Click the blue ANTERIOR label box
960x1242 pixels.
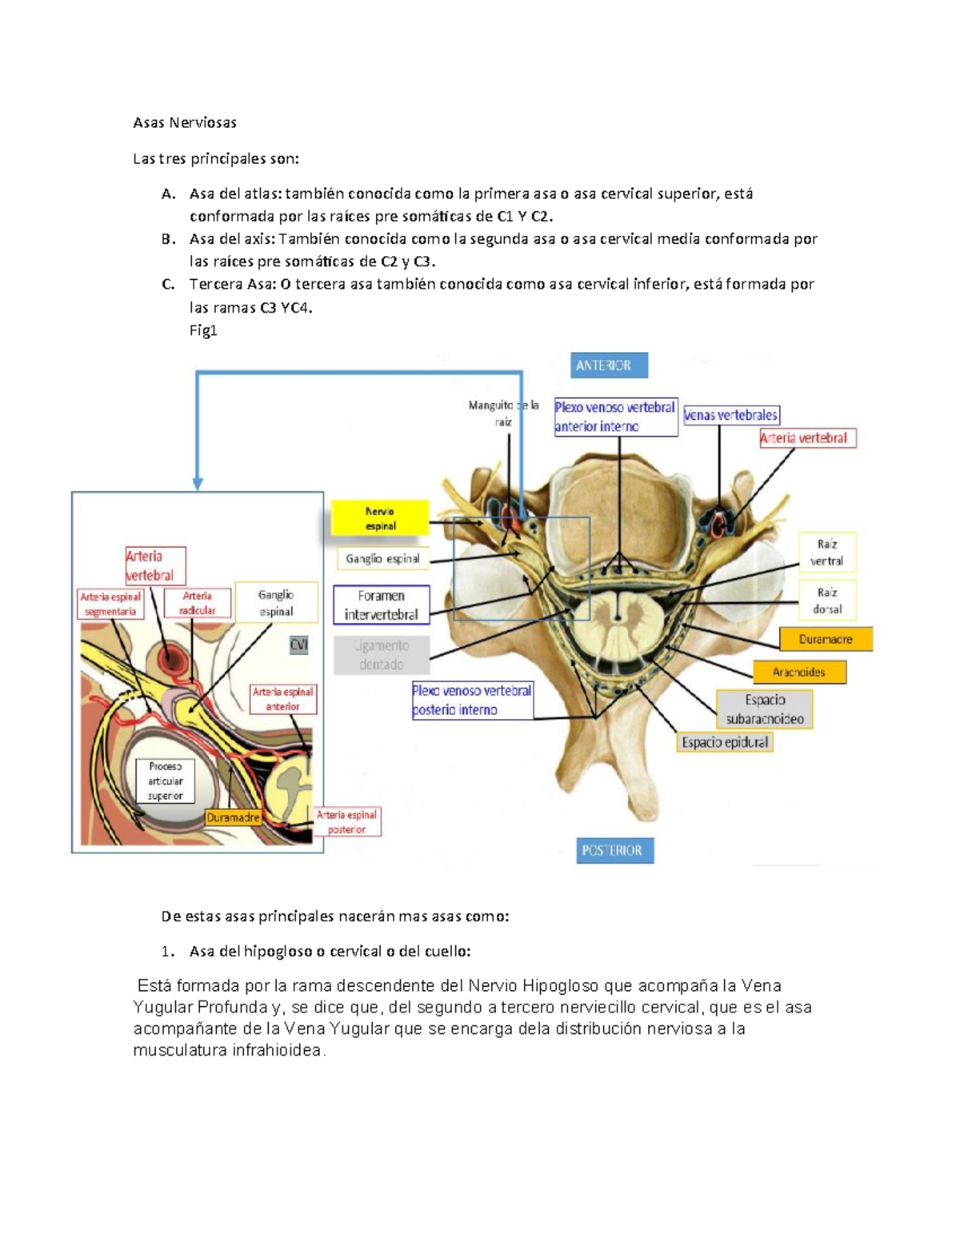[x=608, y=365]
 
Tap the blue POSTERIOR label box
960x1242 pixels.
[x=614, y=850]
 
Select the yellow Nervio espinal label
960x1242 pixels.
[x=380, y=518]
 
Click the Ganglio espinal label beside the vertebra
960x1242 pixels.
[x=382, y=559]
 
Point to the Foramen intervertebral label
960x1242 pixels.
[x=381, y=605]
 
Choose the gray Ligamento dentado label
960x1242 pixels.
[x=381, y=655]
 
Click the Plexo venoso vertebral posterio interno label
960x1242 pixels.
[x=472, y=700]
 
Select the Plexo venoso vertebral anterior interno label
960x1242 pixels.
[x=615, y=417]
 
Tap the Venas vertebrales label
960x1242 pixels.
[x=730, y=415]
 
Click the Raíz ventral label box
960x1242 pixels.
[x=826, y=552]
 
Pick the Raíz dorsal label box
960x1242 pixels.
[x=826, y=600]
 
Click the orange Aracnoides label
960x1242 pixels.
[x=798, y=672]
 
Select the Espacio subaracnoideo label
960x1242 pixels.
[x=764, y=709]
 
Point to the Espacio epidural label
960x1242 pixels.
[x=725, y=742]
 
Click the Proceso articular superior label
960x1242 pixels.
[x=165, y=781]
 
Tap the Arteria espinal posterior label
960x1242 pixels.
[x=346, y=822]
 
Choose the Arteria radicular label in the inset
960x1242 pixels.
[x=197, y=603]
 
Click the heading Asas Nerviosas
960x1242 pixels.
[x=185, y=122]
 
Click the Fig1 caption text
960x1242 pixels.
[x=203, y=330]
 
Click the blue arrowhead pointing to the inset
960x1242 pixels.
[x=198, y=483]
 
